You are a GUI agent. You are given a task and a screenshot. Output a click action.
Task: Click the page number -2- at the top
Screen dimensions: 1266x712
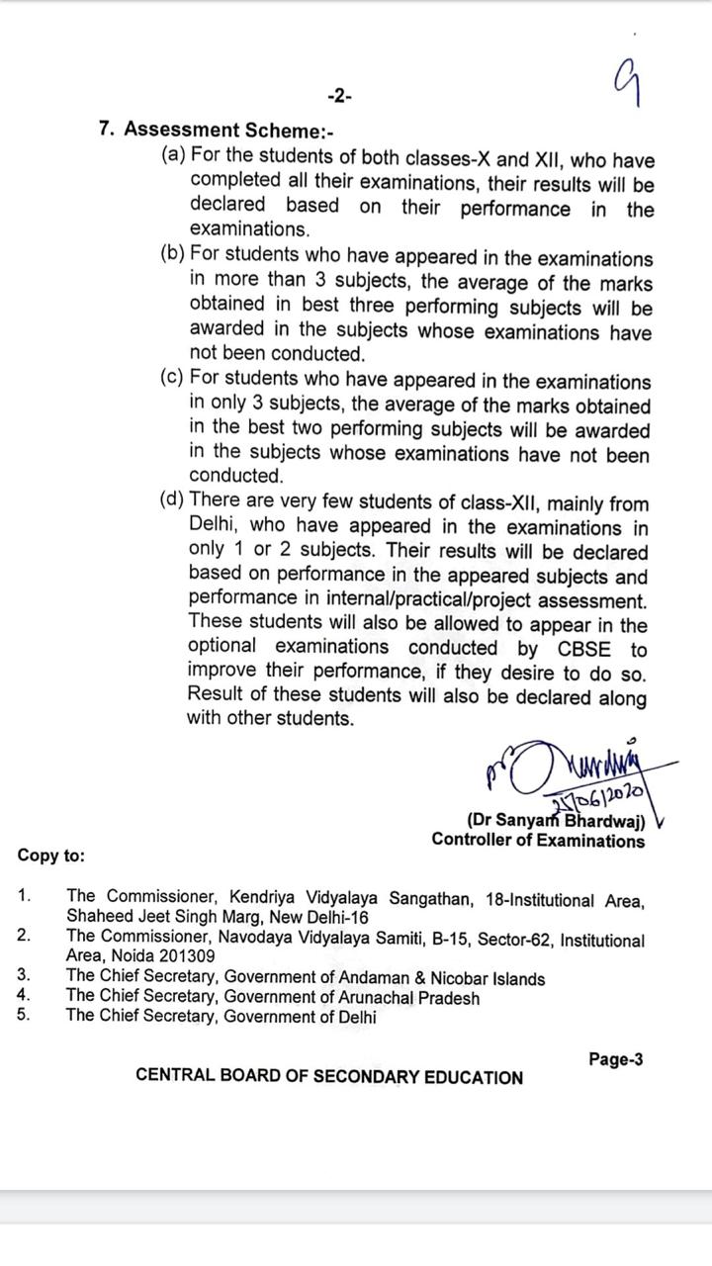(339, 96)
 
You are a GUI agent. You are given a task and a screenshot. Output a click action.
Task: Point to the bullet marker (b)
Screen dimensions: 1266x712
(173, 253)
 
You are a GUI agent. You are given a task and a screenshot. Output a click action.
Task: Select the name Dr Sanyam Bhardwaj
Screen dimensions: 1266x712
(556, 820)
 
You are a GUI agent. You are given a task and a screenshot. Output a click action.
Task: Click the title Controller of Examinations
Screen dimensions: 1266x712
(538, 841)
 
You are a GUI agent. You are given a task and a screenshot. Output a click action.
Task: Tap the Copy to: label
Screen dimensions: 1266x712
(51, 857)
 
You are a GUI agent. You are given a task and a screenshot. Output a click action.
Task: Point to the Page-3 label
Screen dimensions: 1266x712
(615, 1059)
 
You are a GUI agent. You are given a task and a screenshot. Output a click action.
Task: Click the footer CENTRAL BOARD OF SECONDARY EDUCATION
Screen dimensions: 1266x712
(329, 1077)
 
